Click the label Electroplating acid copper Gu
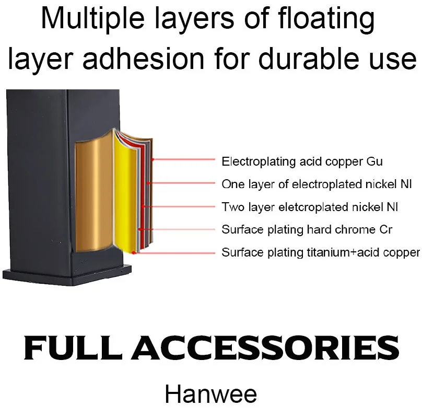pyautogui.click(x=302, y=161)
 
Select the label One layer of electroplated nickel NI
pyautogui.click(x=317, y=184)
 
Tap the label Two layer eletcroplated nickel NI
pyautogui.click(x=310, y=207)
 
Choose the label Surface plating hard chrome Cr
pyautogui.click(x=307, y=229)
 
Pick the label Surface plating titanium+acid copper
pyautogui.click(x=320, y=252)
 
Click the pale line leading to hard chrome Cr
pyautogui.click(x=178, y=229)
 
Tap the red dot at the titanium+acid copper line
pyautogui.click(x=135, y=252)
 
